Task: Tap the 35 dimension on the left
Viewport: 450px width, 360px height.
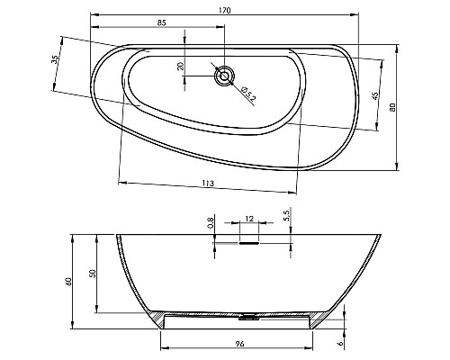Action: click(55, 60)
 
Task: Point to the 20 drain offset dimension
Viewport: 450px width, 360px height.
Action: click(180, 67)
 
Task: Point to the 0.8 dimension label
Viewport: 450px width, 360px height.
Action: click(211, 222)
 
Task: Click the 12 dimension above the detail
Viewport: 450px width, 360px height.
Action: click(248, 216)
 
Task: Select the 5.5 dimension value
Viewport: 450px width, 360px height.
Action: click(286, 217)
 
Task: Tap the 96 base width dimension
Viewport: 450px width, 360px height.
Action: click(240, 342)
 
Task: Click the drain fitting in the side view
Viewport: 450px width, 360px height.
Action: click(247, 315)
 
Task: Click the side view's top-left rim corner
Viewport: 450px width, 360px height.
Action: click(116, 236)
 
